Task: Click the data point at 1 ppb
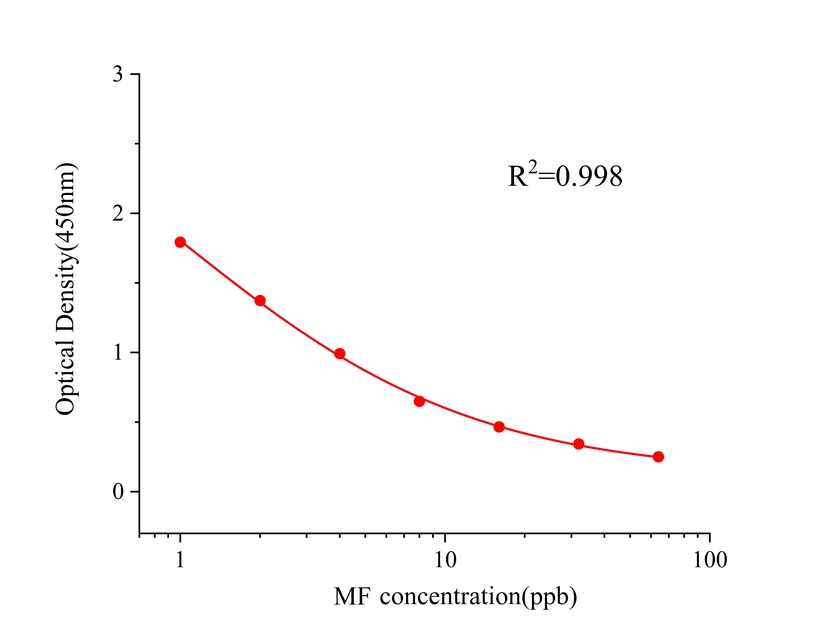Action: tap(180, 242)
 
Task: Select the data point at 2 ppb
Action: tap(260, 301)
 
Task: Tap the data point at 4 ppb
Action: tap(340, 354)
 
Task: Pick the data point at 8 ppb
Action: tap(419, 401)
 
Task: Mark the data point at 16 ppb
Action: tap(499, 427)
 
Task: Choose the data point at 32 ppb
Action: tap(579, 444)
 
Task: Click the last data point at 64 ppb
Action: tap(658, 457)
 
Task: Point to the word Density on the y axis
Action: tap(68, 292)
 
